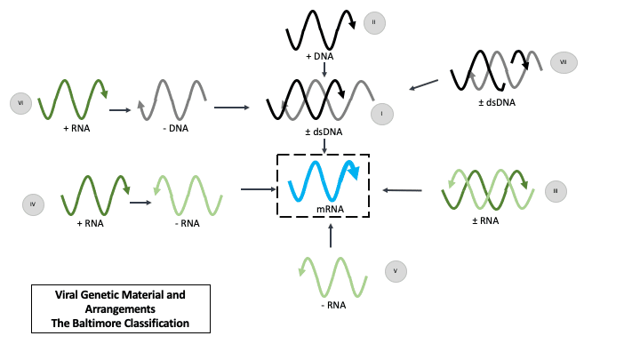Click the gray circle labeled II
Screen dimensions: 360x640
[374, 23]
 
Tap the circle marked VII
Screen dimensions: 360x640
[563, 61]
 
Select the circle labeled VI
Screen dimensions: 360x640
[20, 104]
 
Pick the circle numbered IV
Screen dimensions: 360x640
[33, 205]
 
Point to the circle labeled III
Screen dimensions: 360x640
[555, 190]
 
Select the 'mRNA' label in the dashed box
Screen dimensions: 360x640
[323, 210]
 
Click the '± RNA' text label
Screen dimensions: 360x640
[484, 220]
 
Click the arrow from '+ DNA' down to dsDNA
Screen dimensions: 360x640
[324, 68]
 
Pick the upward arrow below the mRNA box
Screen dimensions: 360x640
[331, 236]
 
